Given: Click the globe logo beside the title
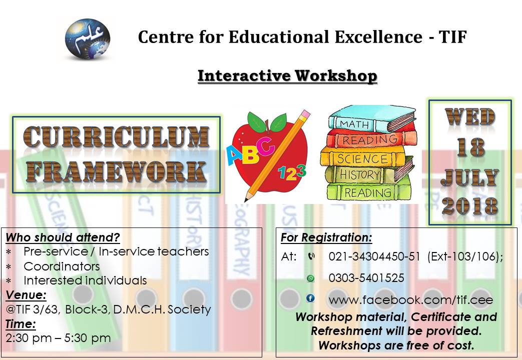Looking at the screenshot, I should point(88,38).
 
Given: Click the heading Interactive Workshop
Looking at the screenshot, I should point(287,76).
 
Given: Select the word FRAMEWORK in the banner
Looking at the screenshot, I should point(116,171).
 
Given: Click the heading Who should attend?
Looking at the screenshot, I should point(63,237).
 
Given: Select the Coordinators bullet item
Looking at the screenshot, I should point(62,266).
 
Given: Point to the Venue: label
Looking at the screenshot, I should point(26,295).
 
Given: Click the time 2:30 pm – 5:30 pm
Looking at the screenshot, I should point(58,338).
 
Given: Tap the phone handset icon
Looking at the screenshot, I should point(311,256).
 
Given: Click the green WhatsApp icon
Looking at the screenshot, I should point(311,278).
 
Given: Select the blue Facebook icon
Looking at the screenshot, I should point(310,298).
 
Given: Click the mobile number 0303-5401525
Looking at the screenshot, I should point(366,278).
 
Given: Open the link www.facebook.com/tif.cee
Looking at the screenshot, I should point(410,300).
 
